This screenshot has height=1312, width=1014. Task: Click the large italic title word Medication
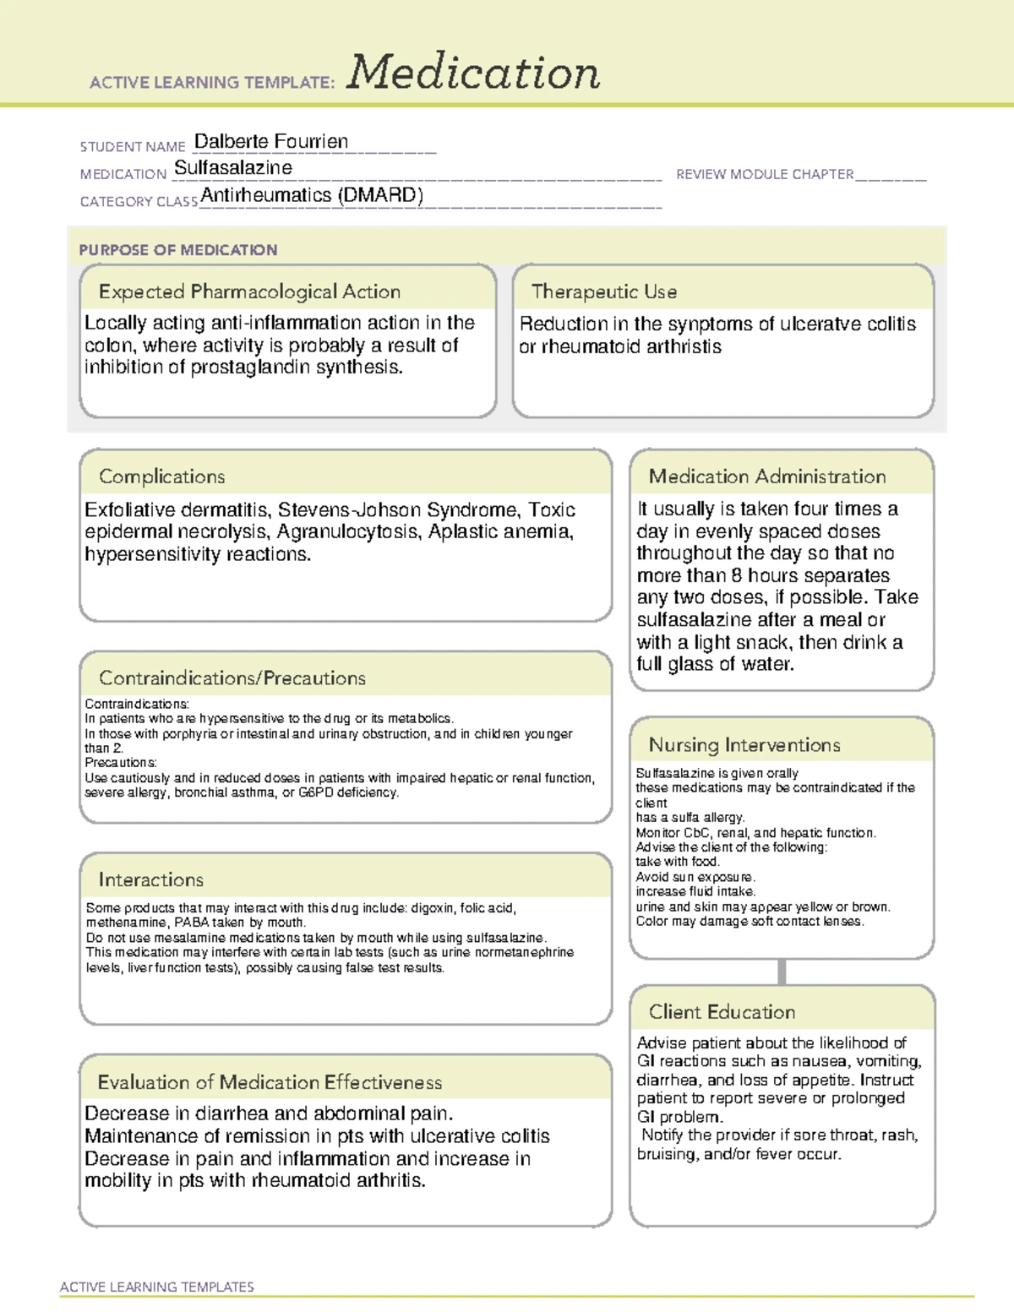(x=473, y=73)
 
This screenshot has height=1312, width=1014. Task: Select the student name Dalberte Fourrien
(x=270, y=142)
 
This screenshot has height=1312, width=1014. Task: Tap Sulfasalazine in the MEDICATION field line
(x=233, y=168)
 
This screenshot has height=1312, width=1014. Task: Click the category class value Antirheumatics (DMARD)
(x=312, y=195)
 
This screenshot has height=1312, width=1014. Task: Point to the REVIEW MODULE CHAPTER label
(x=765, y=174)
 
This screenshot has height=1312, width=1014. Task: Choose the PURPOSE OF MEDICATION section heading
(x=177, y=250)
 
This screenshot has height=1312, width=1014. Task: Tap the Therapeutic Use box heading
(x=604, y=292)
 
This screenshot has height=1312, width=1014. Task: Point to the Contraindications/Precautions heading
(x=232, y=678)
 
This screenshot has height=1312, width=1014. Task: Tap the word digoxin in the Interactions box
(x=433, y=908)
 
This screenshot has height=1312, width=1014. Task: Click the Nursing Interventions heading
(x=744, y=745)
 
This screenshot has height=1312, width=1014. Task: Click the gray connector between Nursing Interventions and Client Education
(x=782, y=972)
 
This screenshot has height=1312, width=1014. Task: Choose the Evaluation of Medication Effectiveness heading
(x=270, y=1083)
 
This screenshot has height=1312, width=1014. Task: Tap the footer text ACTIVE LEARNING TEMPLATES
(x=157, y=1287)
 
